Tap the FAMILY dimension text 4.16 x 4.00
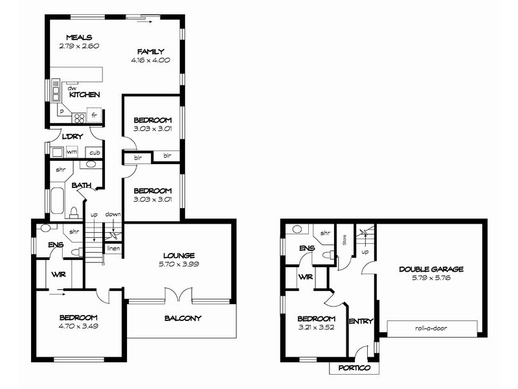coord(150,61)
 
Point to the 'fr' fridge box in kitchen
coord(95,115)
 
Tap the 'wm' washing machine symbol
coord(72,152)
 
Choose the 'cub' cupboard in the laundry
coord(95,153)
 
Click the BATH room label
coord(81,185)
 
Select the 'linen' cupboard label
coord(113,248)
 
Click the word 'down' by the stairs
coord(113,215)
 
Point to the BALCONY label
coord(183,318)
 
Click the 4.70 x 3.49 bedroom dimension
coord(78,326)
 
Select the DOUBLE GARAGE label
coord(431,269)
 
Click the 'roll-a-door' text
coord(431,328)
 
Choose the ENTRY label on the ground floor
coord(361,322)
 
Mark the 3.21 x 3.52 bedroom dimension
coord(316,327)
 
